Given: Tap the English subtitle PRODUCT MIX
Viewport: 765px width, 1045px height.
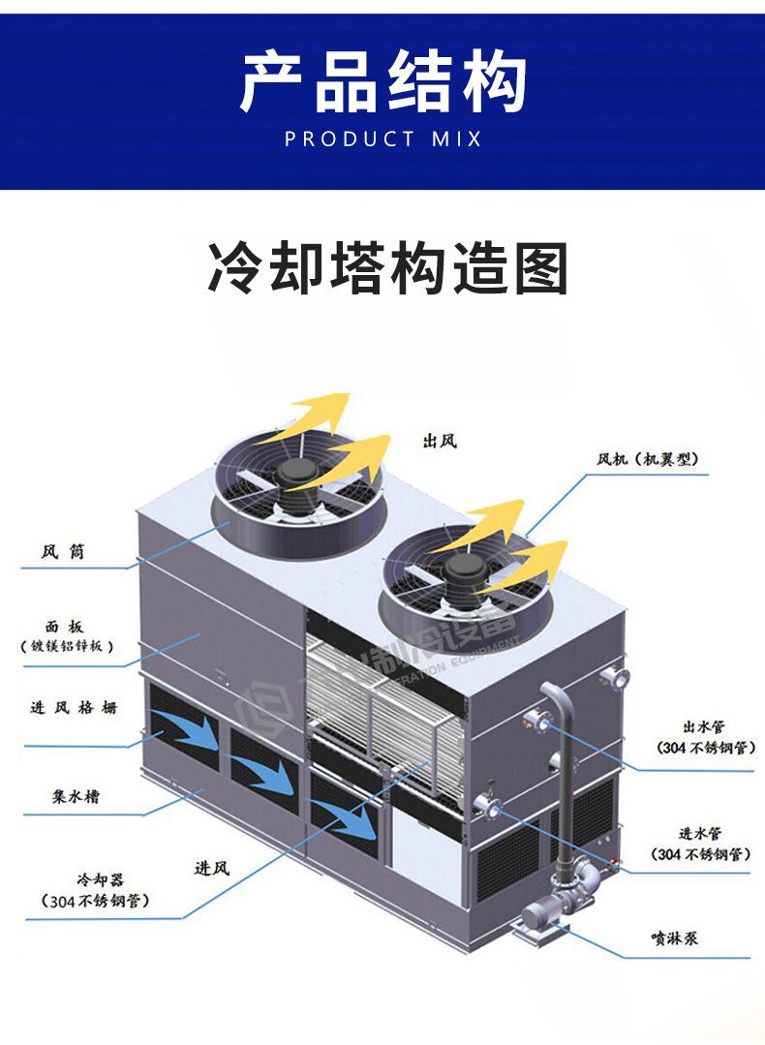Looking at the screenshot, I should coord(382,139).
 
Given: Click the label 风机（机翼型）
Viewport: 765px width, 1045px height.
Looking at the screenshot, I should coord(647,459).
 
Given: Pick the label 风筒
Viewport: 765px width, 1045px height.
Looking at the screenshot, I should coord(63,552).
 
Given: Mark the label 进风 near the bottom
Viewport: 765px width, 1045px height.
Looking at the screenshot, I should coord(212,868).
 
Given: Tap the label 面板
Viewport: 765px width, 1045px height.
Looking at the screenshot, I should coord(64,627).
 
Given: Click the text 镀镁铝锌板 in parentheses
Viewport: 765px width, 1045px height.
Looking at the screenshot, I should coord(68,646).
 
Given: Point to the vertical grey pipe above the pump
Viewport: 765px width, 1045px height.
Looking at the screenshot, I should coord(559,775).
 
